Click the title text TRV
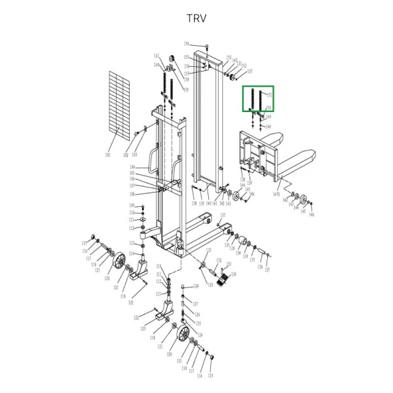click(x=196, y=18)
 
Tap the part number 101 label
click(x=107, y=156)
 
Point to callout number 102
click(x=126, y=155)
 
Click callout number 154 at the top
click(x=186, y=44)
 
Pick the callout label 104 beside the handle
click(x=132, y=168)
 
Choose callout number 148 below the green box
click(x=268, y=126)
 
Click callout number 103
click(x=134, y=155)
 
